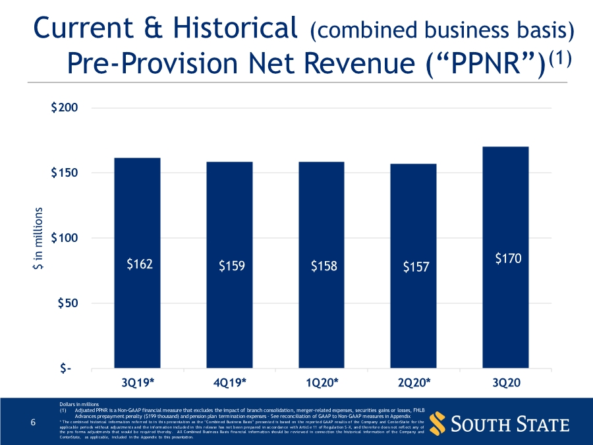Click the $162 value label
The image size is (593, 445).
pyautogui.click(x=140, y=264)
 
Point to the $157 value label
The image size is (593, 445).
pyautogui.click(x=416, y=266)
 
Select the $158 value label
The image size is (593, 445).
pyautogui.click(x=324, y=266)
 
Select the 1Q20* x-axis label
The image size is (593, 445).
pyautogui.click(x=322, y=382)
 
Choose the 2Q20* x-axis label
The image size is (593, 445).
pyautogui.click(x=414, y=382)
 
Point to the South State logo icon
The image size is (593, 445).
pyautogui.click(x=440, y=423)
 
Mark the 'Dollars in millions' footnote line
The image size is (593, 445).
pyautogui.click(x=78, y=404)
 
